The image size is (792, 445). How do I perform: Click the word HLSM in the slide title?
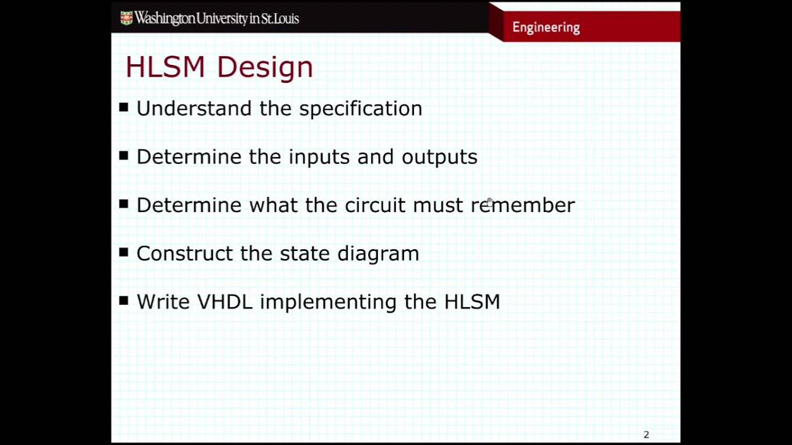click(x=165, y=67)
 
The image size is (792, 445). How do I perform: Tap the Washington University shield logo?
click(x=126, y=18)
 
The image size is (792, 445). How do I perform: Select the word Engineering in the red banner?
click(x=546, y=27)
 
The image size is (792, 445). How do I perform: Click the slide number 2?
click(x=646, y=434)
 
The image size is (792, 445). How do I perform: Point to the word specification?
click(x=360, y=109)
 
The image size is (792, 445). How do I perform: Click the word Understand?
click(x=194, y=108)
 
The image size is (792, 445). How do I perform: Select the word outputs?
click(x=439, y=157)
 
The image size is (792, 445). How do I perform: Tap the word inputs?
click(x=319, y=158)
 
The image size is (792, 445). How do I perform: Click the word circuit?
click(x=374, y=205)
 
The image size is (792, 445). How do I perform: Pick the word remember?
click(x=522, y=205)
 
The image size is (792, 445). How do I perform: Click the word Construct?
click(x=184, y=253)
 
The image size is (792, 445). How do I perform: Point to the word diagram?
click(x=378, y=254)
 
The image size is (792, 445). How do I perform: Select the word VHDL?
click(x=225, y=302)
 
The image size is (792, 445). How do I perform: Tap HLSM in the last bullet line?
click(x=471, y=302)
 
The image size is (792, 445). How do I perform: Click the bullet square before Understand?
click(x=124, y=108)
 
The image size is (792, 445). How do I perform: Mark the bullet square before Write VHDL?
click(x=124, y=300)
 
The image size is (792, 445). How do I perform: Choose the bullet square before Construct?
click(x=124, y=252)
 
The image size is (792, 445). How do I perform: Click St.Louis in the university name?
click(x=280, y=19)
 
